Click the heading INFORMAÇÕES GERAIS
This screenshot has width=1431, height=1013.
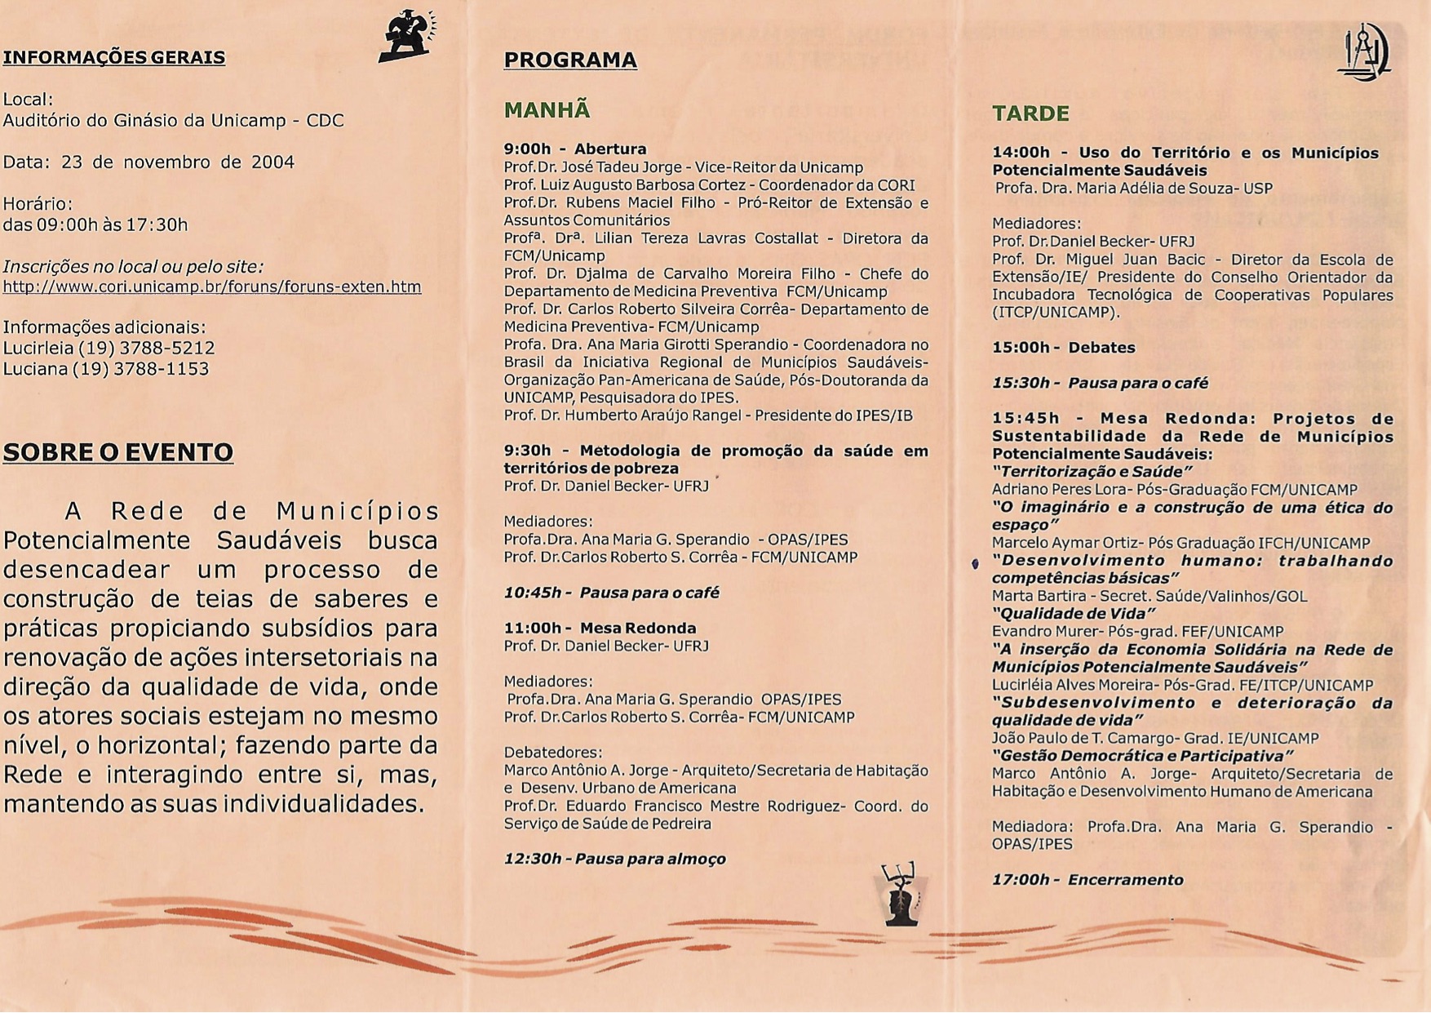click(x=114, y=57)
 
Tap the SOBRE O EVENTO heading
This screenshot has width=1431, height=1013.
click(x=118, y=452)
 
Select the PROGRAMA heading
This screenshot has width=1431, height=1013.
click(x=570, y=60)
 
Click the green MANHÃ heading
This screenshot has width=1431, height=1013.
click(x=547, y=110)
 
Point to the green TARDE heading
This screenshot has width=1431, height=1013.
click(x=1030, y=113)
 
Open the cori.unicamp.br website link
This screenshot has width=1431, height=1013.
click(x=212, y=287)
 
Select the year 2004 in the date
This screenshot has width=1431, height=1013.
click(x=272, y=162)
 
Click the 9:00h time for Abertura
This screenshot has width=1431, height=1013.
click(x=527, y=149)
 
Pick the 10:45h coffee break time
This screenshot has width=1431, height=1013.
click(x=532, y=593)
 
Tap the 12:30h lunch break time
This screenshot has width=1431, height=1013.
click(x=532, y=859)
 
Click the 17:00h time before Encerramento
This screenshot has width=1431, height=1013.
click(x=1021, y=880)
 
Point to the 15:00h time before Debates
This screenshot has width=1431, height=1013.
click(x=1021, y=348)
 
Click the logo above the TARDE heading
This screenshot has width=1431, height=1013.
click(x=1365, y=52)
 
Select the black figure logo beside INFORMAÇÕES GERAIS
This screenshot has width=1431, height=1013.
click(x=405, y=37)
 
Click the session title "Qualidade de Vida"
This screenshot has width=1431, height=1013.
click(x=1074, y=614)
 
